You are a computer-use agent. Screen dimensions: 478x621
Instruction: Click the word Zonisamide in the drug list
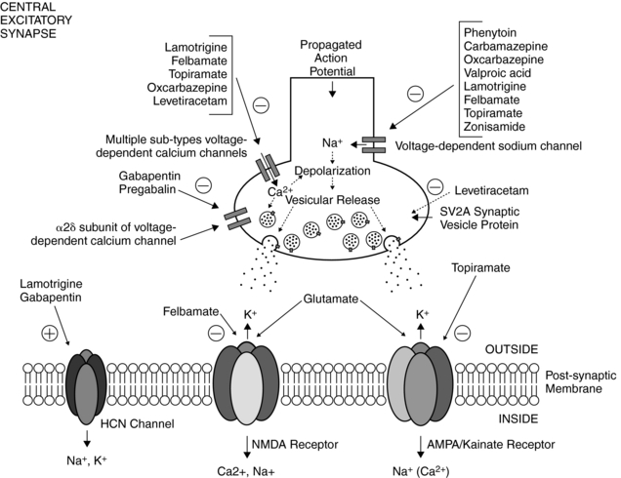(x=496, y=128)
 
